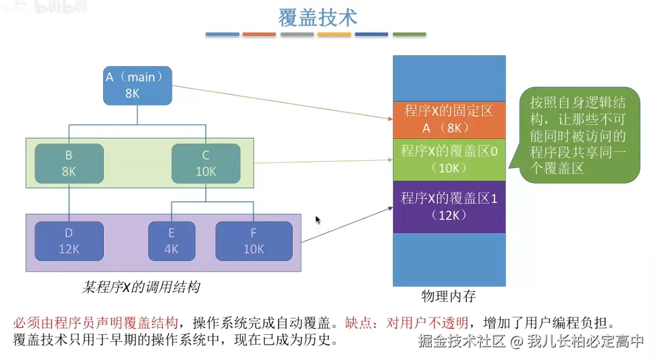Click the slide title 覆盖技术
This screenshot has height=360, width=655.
click(x=317, y=18)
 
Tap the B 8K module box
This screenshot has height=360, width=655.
click(x=69, y=164)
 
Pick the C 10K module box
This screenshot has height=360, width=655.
click(x=206, y=164)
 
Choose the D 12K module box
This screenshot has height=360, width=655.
click(x=69, y=241)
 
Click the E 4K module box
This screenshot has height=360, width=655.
click(x=171, y=241)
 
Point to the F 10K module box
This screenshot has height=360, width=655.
click(x=253, y=241)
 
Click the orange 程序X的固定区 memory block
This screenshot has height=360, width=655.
click(x=449, y=120)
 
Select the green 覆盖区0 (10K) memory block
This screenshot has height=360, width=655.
click(x=449, y=159)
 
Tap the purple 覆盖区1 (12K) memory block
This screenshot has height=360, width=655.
click(x=449, y=206)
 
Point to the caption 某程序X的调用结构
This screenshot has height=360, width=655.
click(x=141, y=287)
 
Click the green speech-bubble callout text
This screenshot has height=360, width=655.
click(x=578, y=135)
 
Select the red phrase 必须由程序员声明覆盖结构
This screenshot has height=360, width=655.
click(x=95, y=322)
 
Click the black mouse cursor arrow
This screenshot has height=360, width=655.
click(x=318, y=220)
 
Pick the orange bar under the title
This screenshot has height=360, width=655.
click(x=259, y=35)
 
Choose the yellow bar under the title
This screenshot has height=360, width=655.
click(x=334, y=35)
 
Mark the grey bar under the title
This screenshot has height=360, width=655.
click(x=297, y=35)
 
